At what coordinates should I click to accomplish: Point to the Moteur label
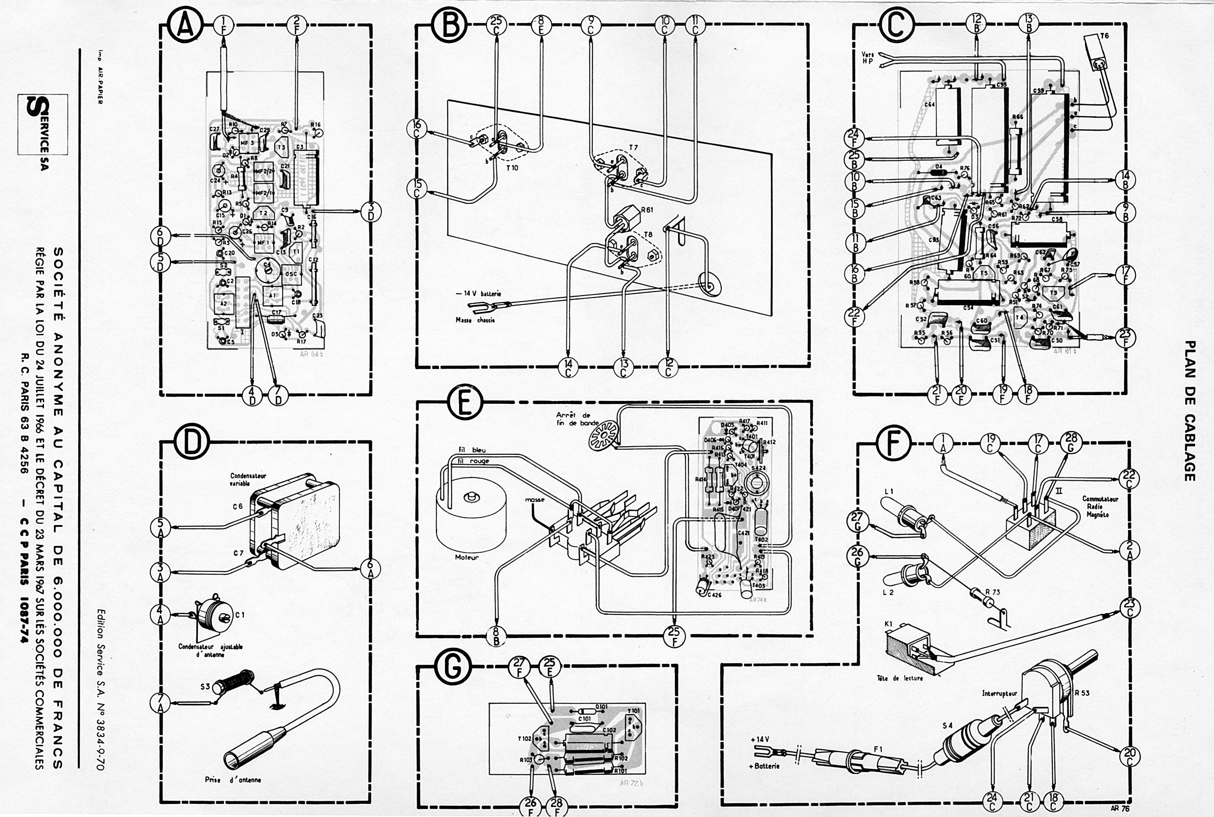click(x=467, y=557)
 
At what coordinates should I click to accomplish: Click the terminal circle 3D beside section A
click(x=371, y=211)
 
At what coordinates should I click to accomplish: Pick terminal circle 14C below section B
click(x=568, y=368)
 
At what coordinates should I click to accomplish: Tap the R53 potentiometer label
click(x=1081, y=693)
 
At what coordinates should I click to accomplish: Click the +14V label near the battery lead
click(x=759, y=739)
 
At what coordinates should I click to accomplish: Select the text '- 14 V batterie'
click(x=478, y=294)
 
